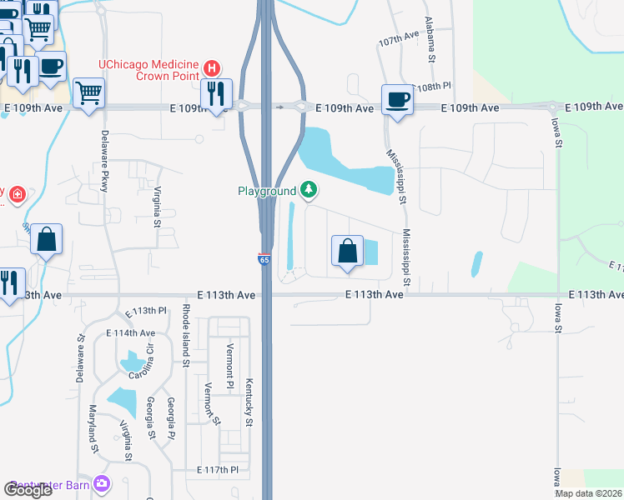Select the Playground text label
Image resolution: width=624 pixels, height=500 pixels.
coord(267,192)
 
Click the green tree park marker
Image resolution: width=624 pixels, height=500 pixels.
coord(309,191)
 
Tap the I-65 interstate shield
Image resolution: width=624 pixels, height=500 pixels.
coord(264,260)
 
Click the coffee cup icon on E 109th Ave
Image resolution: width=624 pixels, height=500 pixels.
coord(397,100)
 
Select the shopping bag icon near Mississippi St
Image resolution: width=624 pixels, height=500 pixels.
coord(347,252)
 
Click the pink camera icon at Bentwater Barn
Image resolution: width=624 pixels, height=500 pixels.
coord(102,483)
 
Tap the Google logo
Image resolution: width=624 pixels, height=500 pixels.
coord(28,490)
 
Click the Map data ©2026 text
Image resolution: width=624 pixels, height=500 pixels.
coord(589,493)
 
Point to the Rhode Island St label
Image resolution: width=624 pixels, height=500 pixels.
coord(185,336)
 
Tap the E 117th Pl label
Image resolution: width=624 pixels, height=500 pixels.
coord(218,471)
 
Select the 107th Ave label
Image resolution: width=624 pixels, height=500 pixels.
coord(397,39)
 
